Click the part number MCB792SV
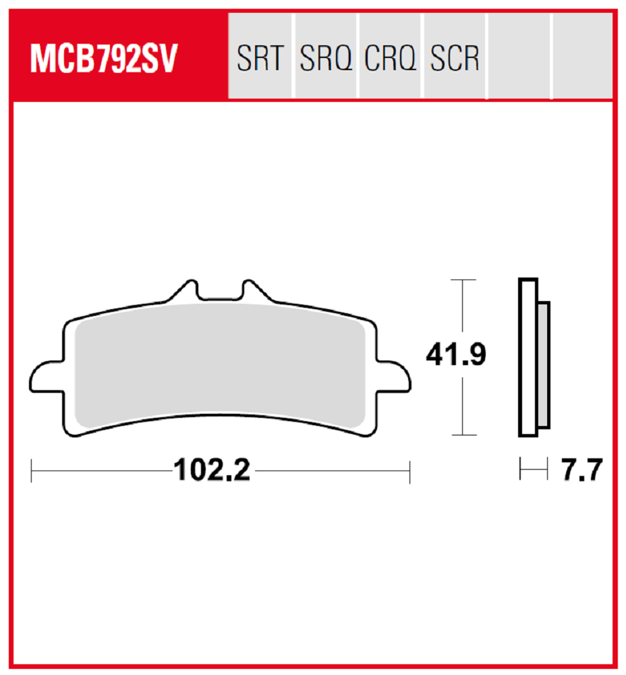103,59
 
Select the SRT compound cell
260,59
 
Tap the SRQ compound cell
326,59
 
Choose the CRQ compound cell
391,59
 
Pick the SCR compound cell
455,59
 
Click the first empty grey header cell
519,56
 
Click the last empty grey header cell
582,56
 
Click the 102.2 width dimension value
212,470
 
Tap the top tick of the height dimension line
462,279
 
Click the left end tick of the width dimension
32,470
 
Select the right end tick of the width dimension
409,470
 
